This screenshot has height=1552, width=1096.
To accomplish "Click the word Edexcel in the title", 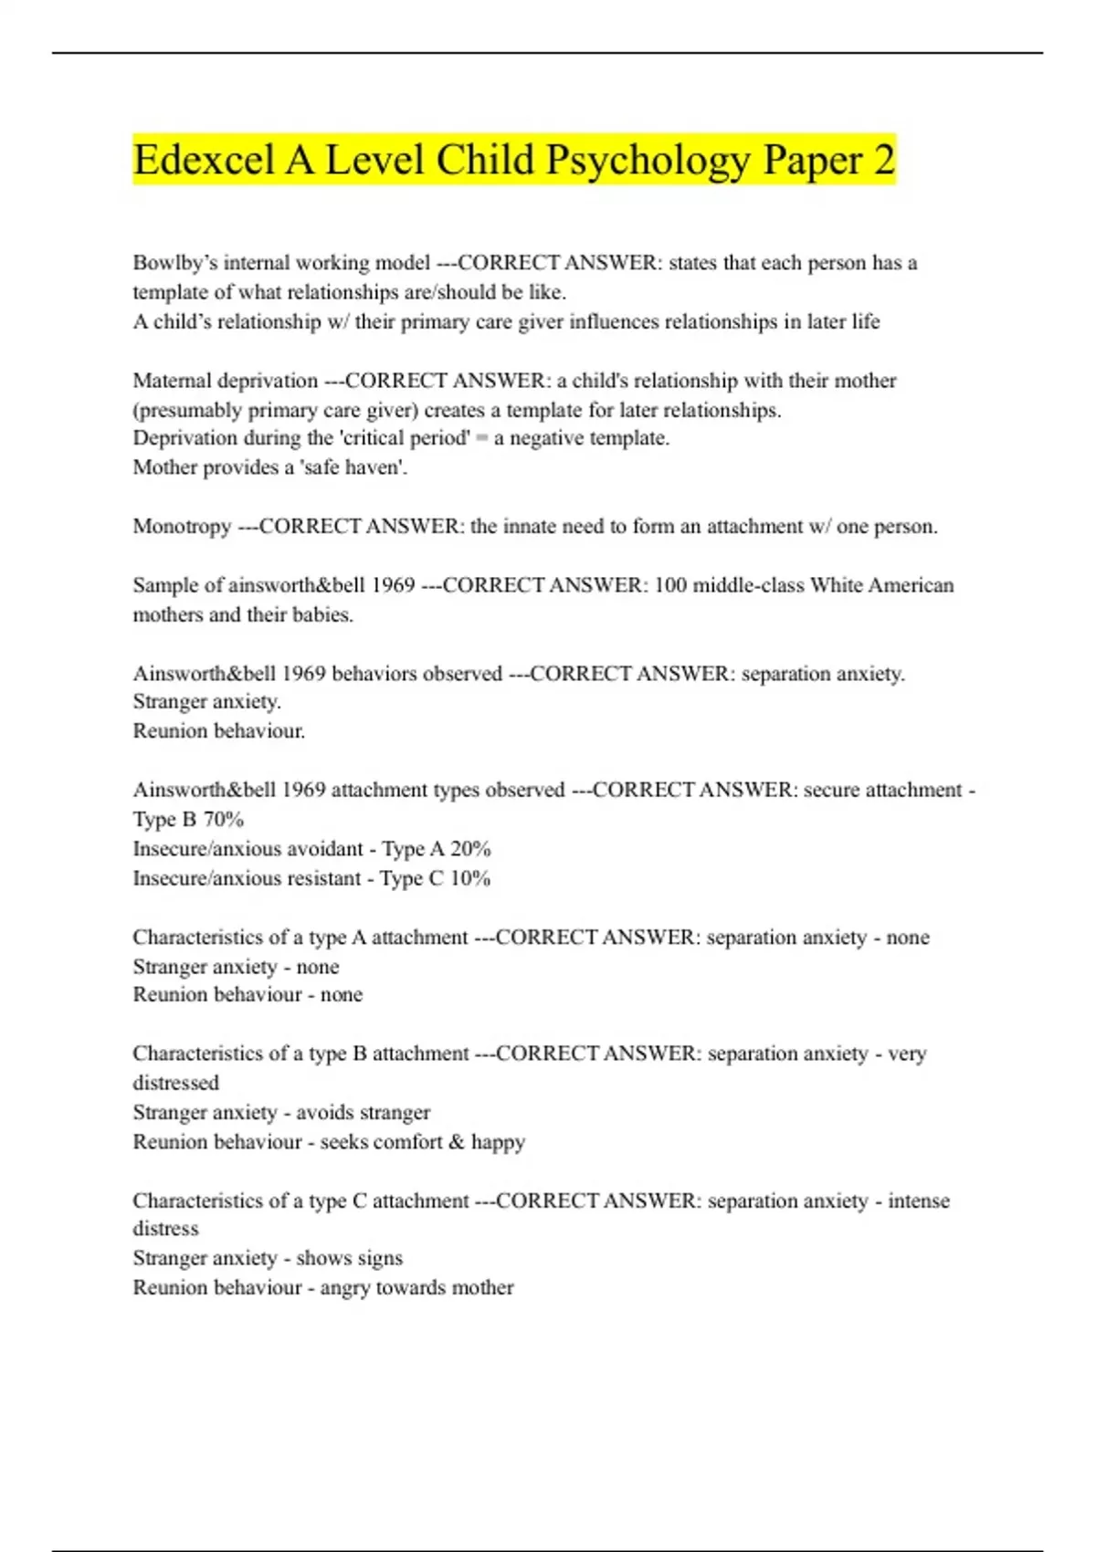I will pyautogui.click(x=203, y=160).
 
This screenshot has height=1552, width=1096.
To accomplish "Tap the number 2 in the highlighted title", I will pyautogui.click(x=883, y=160).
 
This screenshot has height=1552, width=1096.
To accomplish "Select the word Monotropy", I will pyautogui.click(x=182, y=527).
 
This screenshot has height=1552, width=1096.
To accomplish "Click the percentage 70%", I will pyautogui.click(x=223, y=819).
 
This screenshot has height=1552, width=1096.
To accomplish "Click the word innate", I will pyautogui.click(x=530, y=527).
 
